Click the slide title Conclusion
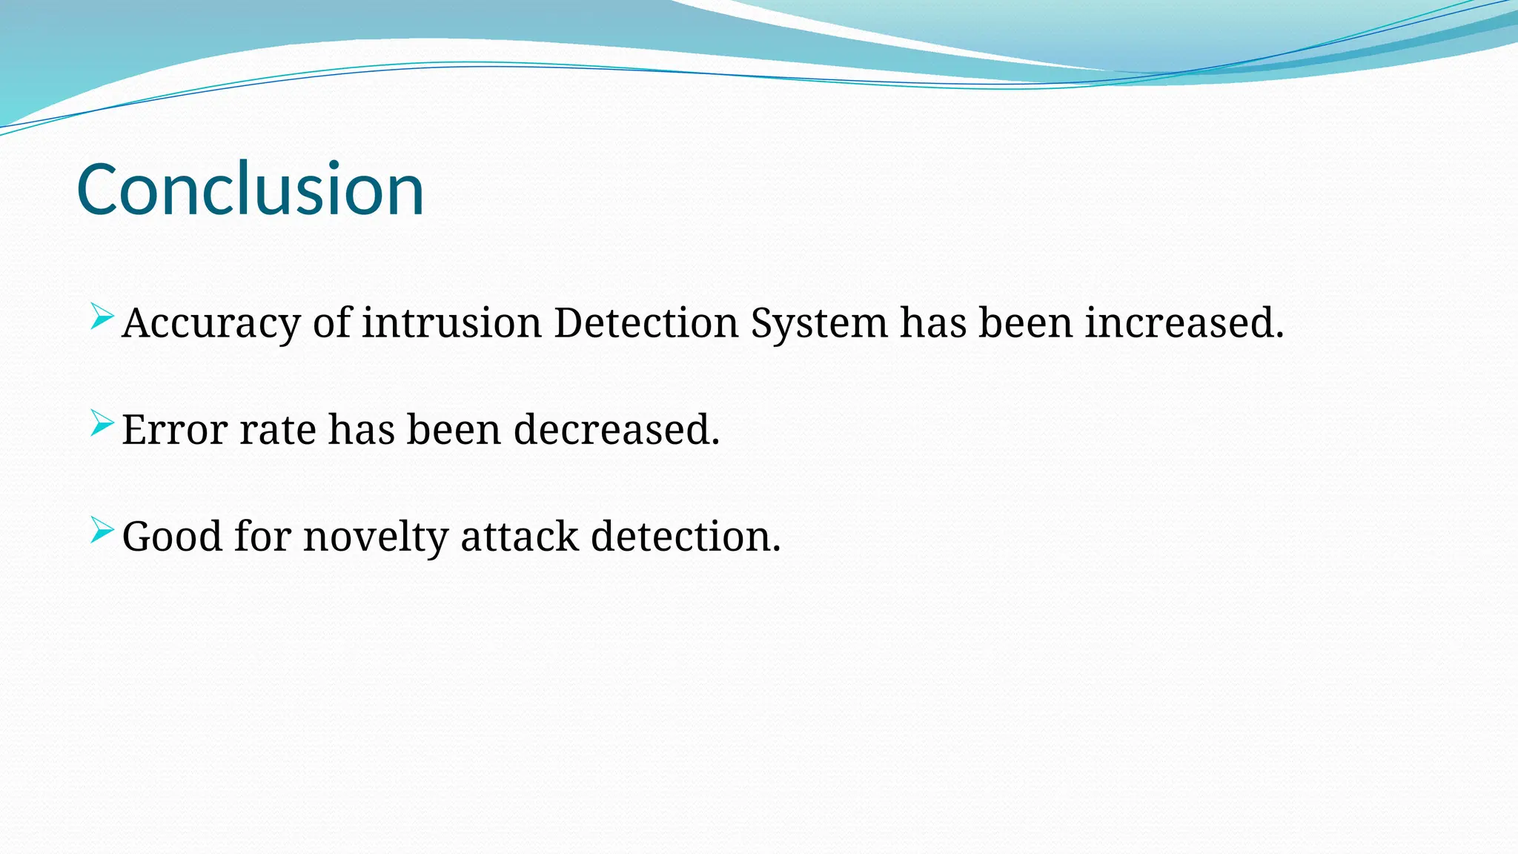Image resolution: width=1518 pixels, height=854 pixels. click(x=251, y=190)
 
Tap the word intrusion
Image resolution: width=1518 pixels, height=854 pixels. click(x=451, y=323)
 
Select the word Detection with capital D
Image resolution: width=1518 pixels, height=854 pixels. click(x=646, y=323)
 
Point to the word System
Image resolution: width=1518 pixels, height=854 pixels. click(x=819, y=324)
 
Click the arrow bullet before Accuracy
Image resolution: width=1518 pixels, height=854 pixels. click(x=102, y=317)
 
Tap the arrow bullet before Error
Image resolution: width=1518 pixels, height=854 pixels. click(x=102, y=423)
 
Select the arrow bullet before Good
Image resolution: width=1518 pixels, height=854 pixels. click(x=102, y=530)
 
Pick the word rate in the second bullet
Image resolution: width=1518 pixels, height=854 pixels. click(x=278, y=430)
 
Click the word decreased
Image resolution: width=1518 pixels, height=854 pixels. click(x=616, y=430)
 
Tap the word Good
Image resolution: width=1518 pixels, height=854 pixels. click(x=172, y=537)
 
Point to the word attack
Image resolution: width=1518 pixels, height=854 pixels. click(x=520, y=537)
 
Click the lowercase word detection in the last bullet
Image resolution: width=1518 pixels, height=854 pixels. click(x=685, y=537)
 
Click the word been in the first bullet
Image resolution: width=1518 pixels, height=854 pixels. click(x=1025, y=323)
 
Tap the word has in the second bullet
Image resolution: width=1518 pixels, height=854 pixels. click(x=362, y=430)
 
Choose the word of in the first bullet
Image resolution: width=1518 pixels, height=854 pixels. click(x=331, y=323)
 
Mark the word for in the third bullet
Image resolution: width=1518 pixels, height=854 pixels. click(x=262, y=537)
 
